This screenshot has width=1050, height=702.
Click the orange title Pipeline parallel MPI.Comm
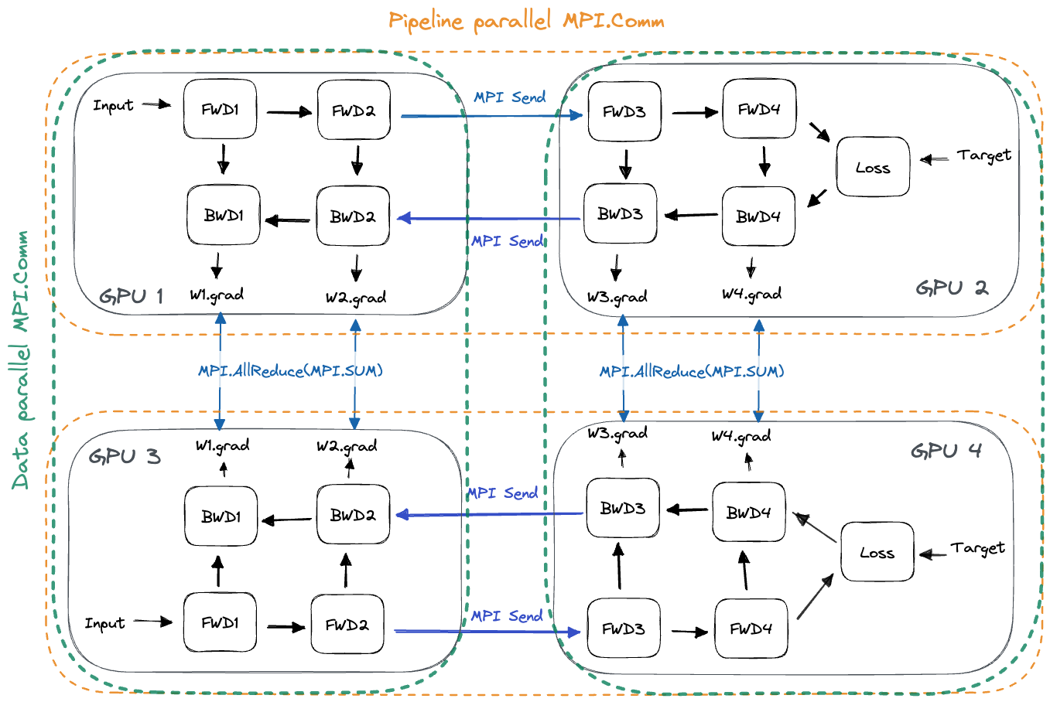click(526, 21)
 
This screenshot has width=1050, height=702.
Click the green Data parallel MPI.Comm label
click(21, 360)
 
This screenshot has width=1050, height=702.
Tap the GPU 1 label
click(131, 296)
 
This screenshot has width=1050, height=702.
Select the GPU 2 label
click(952, 288)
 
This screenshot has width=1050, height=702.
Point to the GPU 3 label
click(125, 456)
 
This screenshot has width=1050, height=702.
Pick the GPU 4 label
click(946, 451)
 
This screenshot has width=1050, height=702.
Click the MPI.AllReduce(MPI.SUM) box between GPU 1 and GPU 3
click(294, 370)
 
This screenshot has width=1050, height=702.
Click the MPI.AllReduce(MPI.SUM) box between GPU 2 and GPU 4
click(696, 372)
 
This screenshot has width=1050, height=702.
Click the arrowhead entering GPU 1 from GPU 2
click(403, 218)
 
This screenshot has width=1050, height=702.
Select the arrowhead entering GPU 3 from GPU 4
click(402, 514)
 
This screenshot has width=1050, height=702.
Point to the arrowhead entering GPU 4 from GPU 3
click(575, 632)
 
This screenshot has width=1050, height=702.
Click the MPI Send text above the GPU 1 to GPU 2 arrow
click(510, 97)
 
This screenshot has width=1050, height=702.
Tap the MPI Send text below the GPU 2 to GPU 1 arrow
click(507, 241)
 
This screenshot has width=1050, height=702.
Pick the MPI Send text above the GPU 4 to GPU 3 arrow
click(502, 493)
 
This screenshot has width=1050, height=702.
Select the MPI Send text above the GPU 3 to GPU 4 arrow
click(507, 616)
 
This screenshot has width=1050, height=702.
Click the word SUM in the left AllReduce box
click(361, 371)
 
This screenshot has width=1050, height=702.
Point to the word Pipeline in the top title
click(426, 22)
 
